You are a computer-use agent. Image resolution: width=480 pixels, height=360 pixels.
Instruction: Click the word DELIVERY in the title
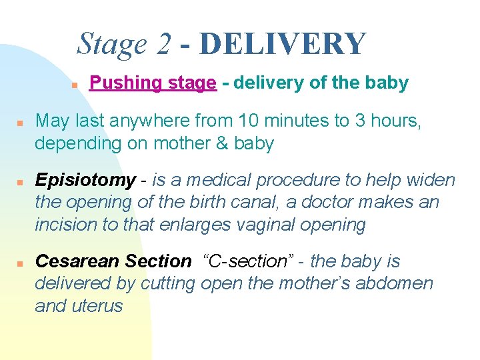point(283,44)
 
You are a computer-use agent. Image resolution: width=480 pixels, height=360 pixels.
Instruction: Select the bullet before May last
point(21,123)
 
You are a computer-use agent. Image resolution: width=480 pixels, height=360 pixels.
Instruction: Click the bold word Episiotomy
point(85,180)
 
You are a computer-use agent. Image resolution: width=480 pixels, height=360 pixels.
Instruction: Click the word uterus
point(99,306)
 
